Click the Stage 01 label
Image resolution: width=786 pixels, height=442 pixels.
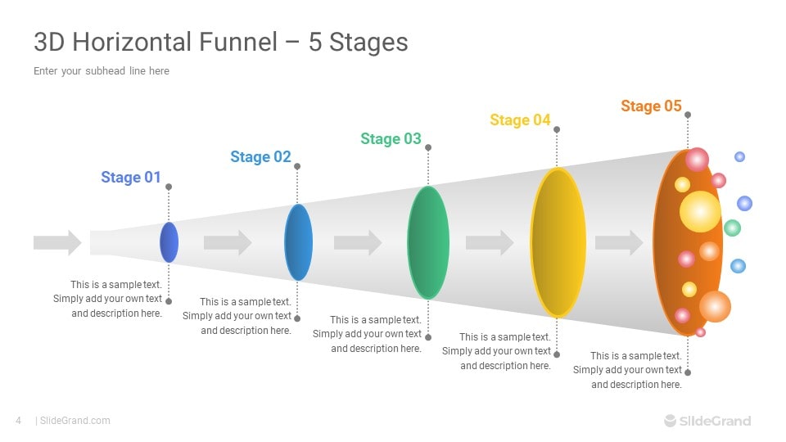(x=131, y=177)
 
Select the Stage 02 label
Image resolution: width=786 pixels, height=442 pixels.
(x=260, y=156)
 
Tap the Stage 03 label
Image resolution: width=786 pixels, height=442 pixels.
(x=391, y=138)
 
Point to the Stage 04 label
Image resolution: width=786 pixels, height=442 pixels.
(x=520, y=120)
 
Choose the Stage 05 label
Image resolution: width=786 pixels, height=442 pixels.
(x=651, y=106)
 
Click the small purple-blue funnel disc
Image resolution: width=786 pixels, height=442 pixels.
(x=169, y=242)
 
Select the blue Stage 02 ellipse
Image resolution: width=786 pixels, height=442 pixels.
(x=298, y=242)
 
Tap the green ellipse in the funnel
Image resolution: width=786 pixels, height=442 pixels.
(x=428, y=242)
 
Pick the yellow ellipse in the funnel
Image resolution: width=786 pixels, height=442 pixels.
(x=558, y=242)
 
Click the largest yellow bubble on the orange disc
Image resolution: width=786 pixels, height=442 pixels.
(x=700, y=211)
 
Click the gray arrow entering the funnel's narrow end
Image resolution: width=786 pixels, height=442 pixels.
(x=57, y=242)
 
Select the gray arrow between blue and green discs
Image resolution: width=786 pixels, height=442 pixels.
(x=358, y=242)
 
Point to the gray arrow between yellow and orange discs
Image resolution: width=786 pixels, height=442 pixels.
(x=619, y=242)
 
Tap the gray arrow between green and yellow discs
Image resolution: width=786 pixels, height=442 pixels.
(x=490, y=242)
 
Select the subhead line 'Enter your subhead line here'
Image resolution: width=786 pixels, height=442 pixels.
(x=102, y=71)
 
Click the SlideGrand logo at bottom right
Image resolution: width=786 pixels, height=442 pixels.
(x=707, y=421)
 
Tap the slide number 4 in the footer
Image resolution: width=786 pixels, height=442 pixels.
(x=18, y=421)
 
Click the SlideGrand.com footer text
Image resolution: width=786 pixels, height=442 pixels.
(x=75, y=421)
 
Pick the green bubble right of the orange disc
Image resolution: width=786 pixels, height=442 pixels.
(x=732, y=228)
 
